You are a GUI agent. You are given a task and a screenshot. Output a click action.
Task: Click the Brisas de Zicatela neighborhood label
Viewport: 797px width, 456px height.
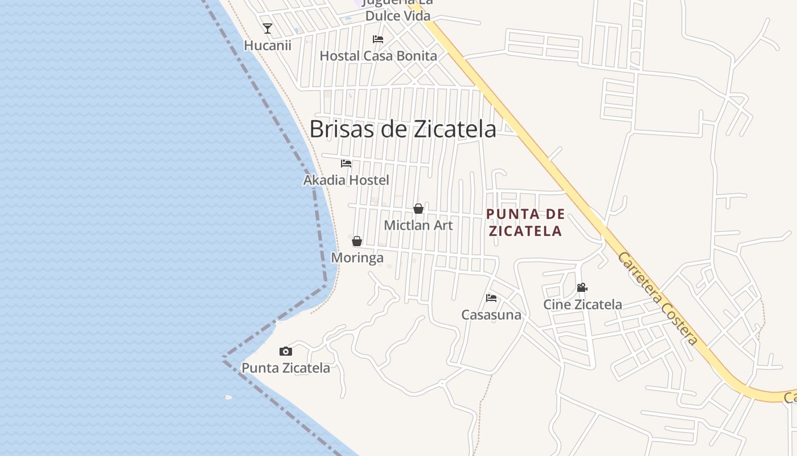point(402,129)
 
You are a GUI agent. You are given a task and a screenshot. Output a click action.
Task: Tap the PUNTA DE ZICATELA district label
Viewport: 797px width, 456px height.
point(525,222)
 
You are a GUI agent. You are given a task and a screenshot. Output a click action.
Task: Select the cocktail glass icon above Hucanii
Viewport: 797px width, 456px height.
point(268,28)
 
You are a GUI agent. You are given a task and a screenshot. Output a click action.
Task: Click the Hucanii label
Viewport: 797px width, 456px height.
point(268,46)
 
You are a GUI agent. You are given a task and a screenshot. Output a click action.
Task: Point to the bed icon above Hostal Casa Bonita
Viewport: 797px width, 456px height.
point(378,39)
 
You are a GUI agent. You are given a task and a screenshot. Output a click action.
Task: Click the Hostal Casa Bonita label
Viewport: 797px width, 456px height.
point(378,56)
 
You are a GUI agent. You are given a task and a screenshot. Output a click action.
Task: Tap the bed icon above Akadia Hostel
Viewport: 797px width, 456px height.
point(346,164)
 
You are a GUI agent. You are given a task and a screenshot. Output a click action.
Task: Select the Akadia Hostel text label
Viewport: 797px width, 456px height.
point(346,180)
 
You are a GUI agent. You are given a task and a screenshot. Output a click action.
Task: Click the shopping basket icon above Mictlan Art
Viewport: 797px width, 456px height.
point(418,209)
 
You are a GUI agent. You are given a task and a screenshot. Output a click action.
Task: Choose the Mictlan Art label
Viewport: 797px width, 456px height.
point(418,225)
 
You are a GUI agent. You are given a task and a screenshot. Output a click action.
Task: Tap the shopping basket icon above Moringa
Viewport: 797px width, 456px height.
point(357,241)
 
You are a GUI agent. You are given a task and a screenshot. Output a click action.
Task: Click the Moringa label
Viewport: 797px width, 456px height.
point(358,258)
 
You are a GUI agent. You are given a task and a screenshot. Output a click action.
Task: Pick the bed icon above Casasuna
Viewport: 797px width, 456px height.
point(491,298)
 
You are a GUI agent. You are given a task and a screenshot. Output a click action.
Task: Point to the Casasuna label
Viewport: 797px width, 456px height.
point(491,315)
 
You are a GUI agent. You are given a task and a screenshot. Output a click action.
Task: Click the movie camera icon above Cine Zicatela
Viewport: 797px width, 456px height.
point(582,288)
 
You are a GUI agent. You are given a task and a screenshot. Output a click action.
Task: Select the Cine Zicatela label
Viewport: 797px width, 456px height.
point(582,304)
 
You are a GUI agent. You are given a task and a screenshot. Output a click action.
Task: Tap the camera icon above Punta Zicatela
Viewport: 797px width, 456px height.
point(286,351)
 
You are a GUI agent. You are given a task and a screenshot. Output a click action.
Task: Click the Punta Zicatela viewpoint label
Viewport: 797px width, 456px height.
point(286,368)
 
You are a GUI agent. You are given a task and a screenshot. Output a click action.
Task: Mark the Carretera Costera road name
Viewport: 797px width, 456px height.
point(658,298)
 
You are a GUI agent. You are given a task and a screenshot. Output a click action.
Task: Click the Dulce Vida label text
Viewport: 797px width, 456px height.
point(398,15)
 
